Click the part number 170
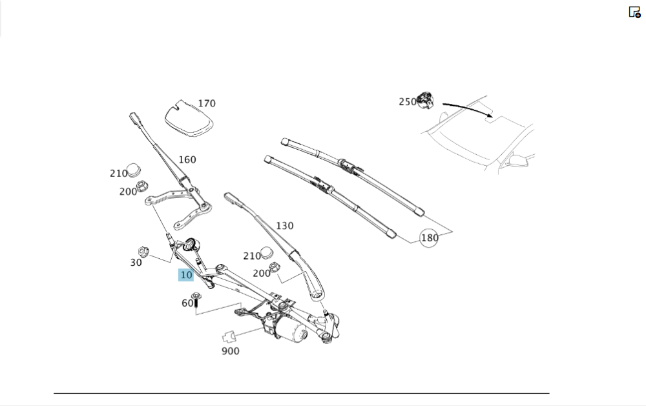[x=207, y=103]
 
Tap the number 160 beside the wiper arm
[x=187, y=160]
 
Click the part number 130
[x=284, y=226]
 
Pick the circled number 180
[x=430, y=238]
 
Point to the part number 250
[x=408, y=101]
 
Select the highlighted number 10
[x=186, y=275]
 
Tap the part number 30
[x=136, y=263]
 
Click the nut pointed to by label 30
[x=145, y=250]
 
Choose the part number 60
[x=187, y=303]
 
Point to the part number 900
[x=230, y=351]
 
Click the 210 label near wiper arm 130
[x=252, y=256]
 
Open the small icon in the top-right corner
[x=634, y=12]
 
